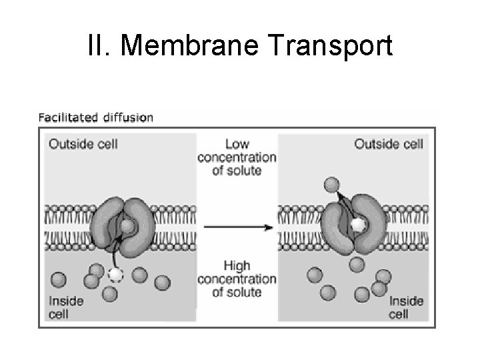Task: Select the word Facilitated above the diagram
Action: [x=67, y=118]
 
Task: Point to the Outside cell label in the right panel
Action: [x=389, y=143]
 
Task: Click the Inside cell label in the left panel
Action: [x=66, y=307]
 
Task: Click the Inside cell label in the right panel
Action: [x=406, y=307]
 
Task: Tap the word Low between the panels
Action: [x=237, y=144]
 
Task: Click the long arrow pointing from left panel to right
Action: [x=237, y=227]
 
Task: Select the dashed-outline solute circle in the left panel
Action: [x=116, y=275]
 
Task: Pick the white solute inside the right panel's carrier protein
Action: [x=359, y=225]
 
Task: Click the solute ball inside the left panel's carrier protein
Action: [x=127, y=226]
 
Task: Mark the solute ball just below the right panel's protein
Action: [x=357, y=265]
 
